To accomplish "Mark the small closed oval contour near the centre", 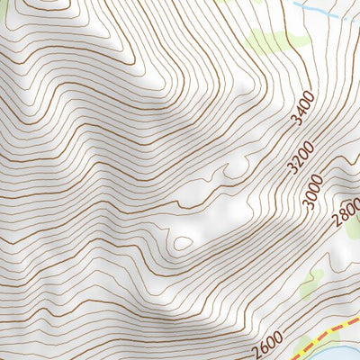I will pyautogui.click(x=183, y=242).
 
